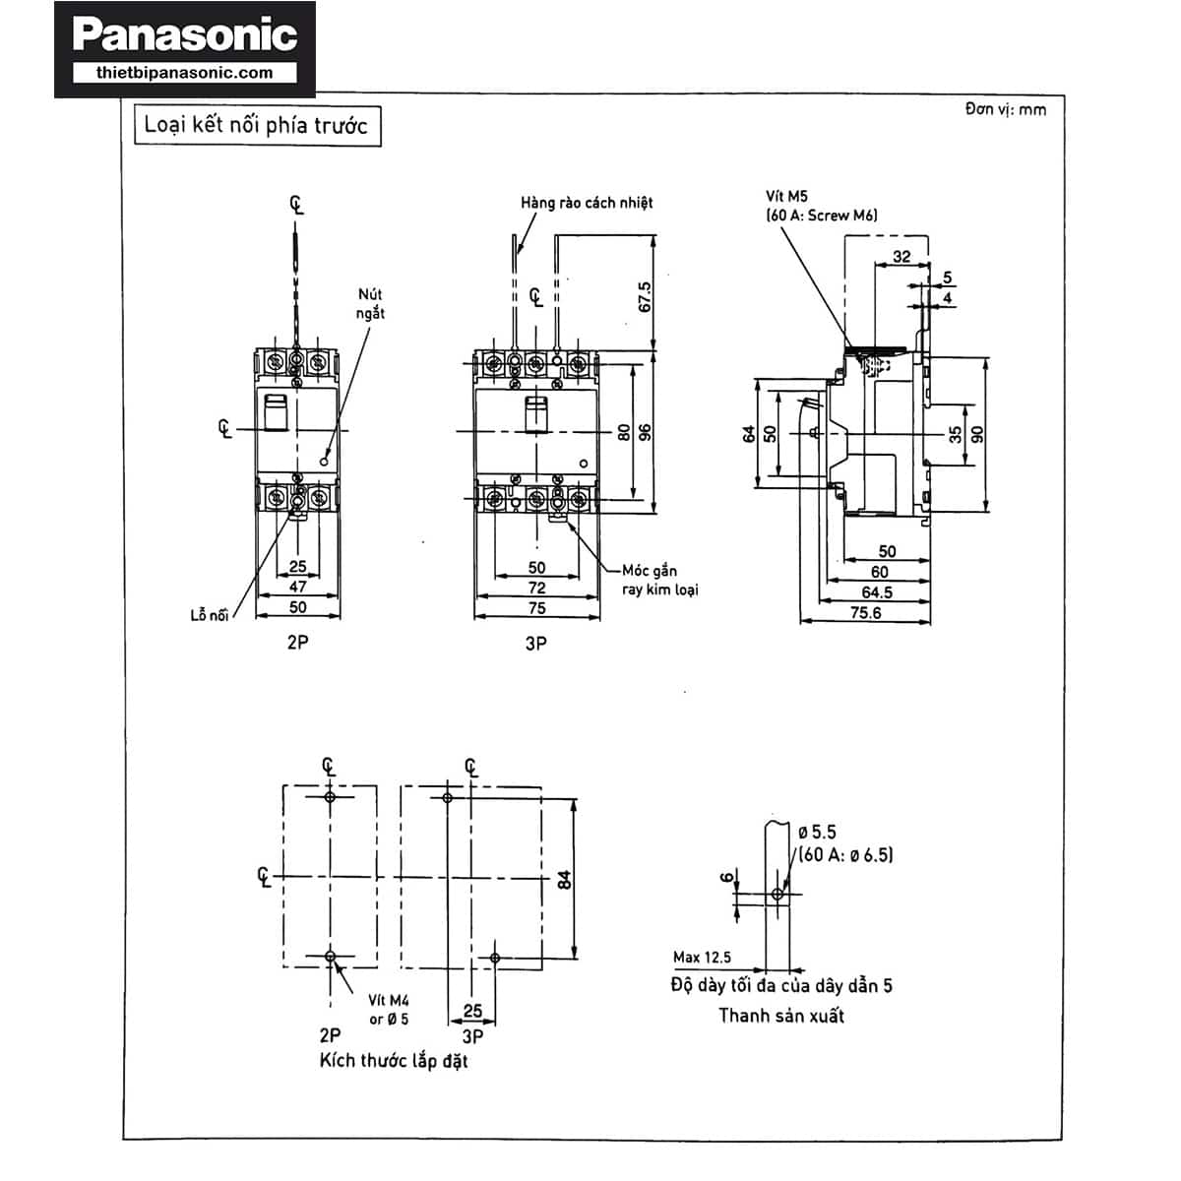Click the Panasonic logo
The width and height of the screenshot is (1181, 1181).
pos(185,35)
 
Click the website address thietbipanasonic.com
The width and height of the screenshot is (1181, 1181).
pos(185,73)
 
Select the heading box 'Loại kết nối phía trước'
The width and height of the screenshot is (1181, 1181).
pos(257,126)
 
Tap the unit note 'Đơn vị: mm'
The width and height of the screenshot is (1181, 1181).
pos(1005,109)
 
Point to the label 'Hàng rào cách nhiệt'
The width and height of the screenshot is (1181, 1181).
pos(587,203)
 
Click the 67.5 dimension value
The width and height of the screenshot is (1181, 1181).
pos(645,296)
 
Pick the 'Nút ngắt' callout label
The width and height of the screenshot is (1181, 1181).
pos(371,303)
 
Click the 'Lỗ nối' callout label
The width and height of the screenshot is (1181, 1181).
pos(209,615)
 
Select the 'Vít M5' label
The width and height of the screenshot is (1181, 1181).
pos(786,197)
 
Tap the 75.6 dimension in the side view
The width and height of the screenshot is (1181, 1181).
pos(865,612)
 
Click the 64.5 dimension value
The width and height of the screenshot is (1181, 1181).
pos(877,591)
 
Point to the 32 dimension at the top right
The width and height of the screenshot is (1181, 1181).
pos(901,257)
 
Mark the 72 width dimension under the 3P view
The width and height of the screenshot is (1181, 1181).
pos(536,588)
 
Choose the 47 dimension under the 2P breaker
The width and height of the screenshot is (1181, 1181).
pos(297,588)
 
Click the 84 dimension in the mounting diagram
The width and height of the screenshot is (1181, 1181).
pos(564,878)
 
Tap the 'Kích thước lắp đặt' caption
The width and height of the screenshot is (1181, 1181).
pos(394,1061)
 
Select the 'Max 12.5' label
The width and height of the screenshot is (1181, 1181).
pos(702,957)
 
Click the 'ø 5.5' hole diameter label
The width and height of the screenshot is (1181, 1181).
pos(817,833)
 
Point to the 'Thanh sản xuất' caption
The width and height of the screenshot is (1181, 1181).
pos(781,1016)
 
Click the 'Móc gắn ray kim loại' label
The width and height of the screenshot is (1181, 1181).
pos(659,580)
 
